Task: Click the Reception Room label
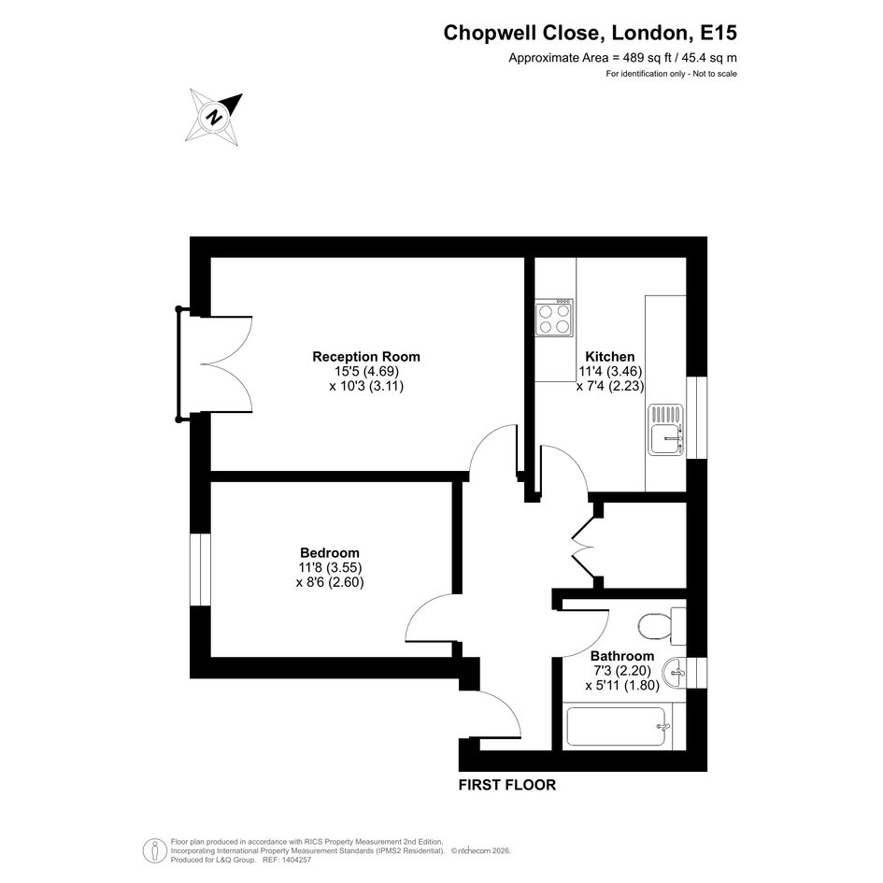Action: click(x=366, y=356)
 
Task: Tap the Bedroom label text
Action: click(x=330, y=552)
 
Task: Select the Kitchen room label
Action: click(x=610, y=356)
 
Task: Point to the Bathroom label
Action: click(x=622, y=656)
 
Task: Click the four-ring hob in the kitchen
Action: click(x=554, y=318)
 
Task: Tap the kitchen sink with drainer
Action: click(x=665, y=430)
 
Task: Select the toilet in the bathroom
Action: click(x=662, y=626)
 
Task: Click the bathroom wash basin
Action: click(x=675, y=674)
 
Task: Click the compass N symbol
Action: click(x=213, y=118)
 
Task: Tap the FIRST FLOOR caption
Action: click(x=506, y=785)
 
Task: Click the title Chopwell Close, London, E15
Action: click(x=591, y=33)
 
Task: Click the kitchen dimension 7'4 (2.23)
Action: click(x=610, y=386)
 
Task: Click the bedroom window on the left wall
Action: click(x=200, y=569)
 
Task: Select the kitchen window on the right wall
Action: click(x=697, y=418)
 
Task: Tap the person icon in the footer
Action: click(x=154, y=851)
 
